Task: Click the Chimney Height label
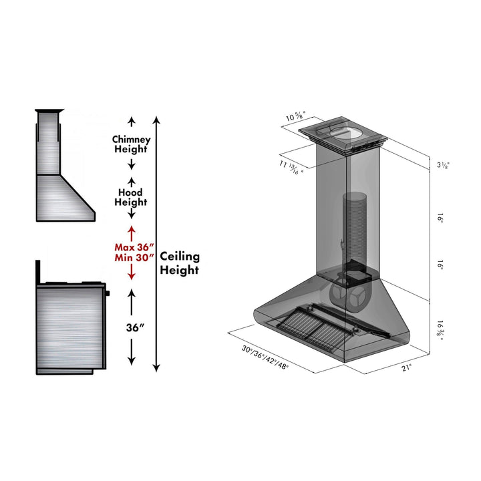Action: click(132, 145)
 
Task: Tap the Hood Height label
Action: click(132, 197)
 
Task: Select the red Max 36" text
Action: click(134, 245)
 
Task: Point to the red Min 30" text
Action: click(134, 257)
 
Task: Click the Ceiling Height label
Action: click(179, 263)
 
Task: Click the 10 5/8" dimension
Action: click(295, 118)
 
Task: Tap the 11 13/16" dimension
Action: click(293, 165)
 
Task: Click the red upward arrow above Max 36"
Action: click(132, 230)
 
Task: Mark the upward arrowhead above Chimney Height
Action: click(132, 120)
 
